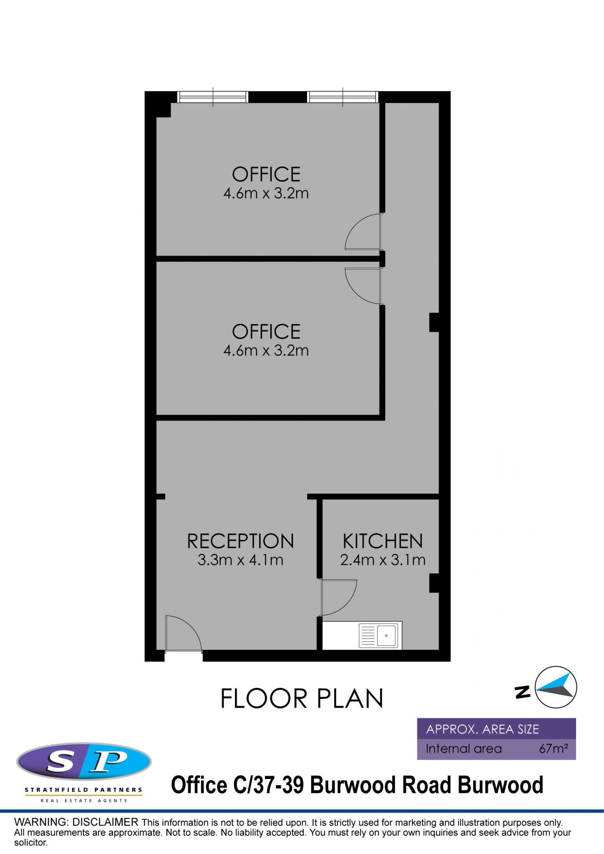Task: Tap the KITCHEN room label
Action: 383,541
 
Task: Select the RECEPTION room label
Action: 240,541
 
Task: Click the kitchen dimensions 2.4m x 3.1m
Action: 383,560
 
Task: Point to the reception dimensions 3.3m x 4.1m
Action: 240,560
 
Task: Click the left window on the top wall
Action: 213,97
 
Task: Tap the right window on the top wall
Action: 343,97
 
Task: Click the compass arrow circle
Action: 556,687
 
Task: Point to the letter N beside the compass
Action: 522,692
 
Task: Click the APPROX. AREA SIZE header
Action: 482,729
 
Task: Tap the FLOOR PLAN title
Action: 302,698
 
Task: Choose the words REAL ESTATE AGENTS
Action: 84,801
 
